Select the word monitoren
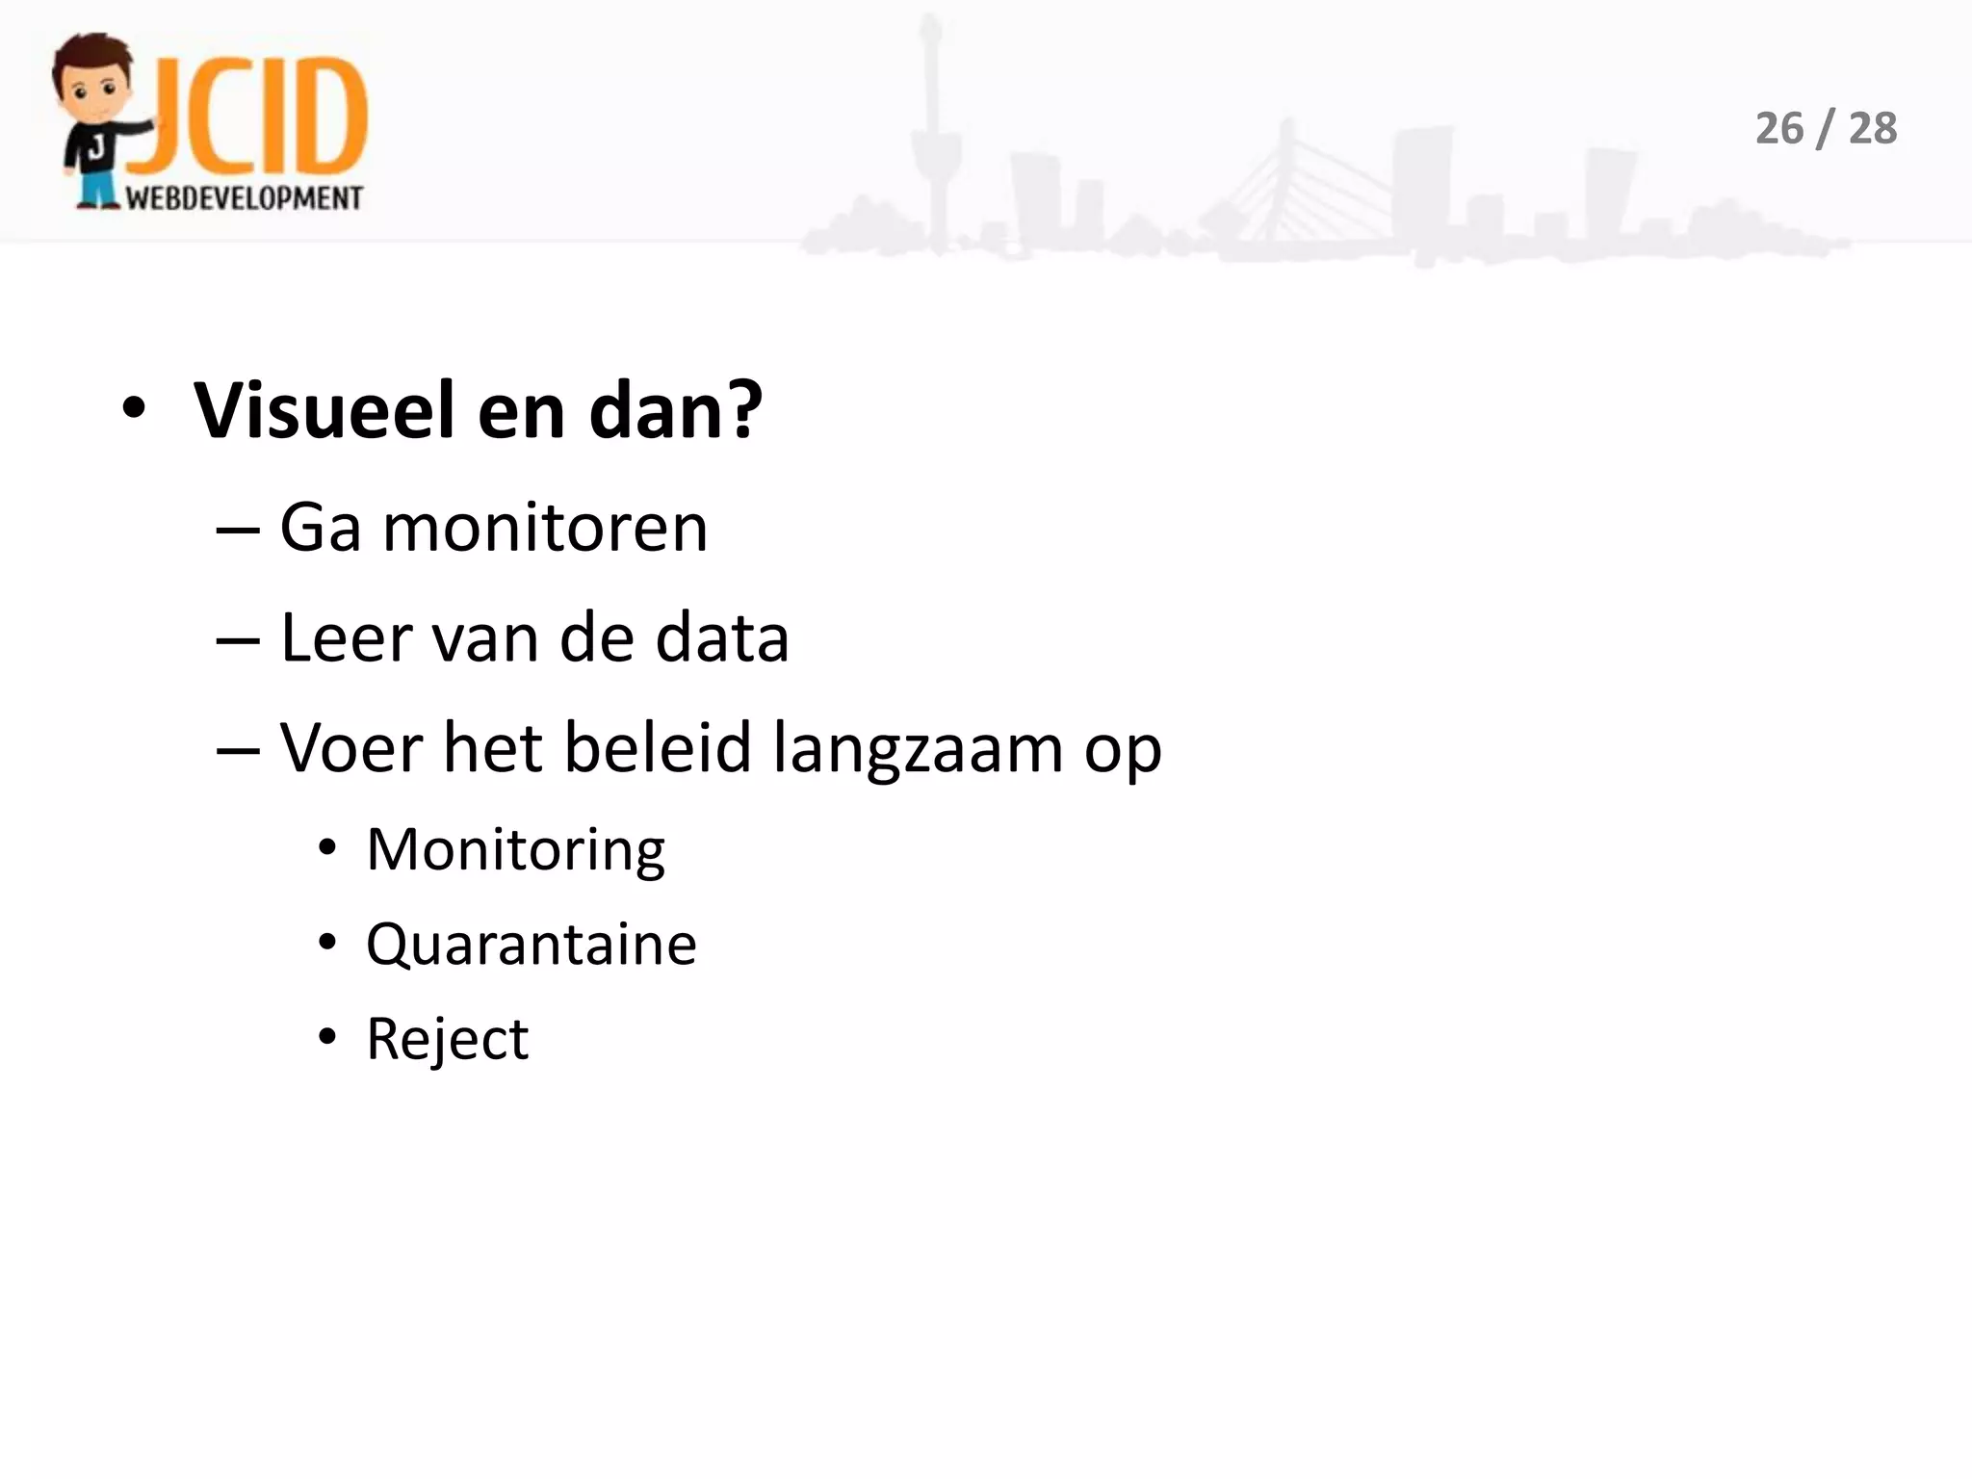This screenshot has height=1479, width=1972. click(545, 529)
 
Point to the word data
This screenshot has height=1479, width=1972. click(721, 638)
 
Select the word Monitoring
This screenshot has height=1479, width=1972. click(515, 850)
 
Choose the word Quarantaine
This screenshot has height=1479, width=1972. click(531, 945)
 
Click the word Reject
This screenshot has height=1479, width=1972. click(447, 1040)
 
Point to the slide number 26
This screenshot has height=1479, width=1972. click(1778, 129)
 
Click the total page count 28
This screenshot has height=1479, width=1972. click(1873, 129)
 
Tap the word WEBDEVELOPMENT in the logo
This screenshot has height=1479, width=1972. click(245, 198)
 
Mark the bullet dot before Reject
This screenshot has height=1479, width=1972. click(327, 1037)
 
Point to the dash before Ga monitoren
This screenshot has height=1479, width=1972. click(238, 530)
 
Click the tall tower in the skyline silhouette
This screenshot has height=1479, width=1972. click(930, 125)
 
